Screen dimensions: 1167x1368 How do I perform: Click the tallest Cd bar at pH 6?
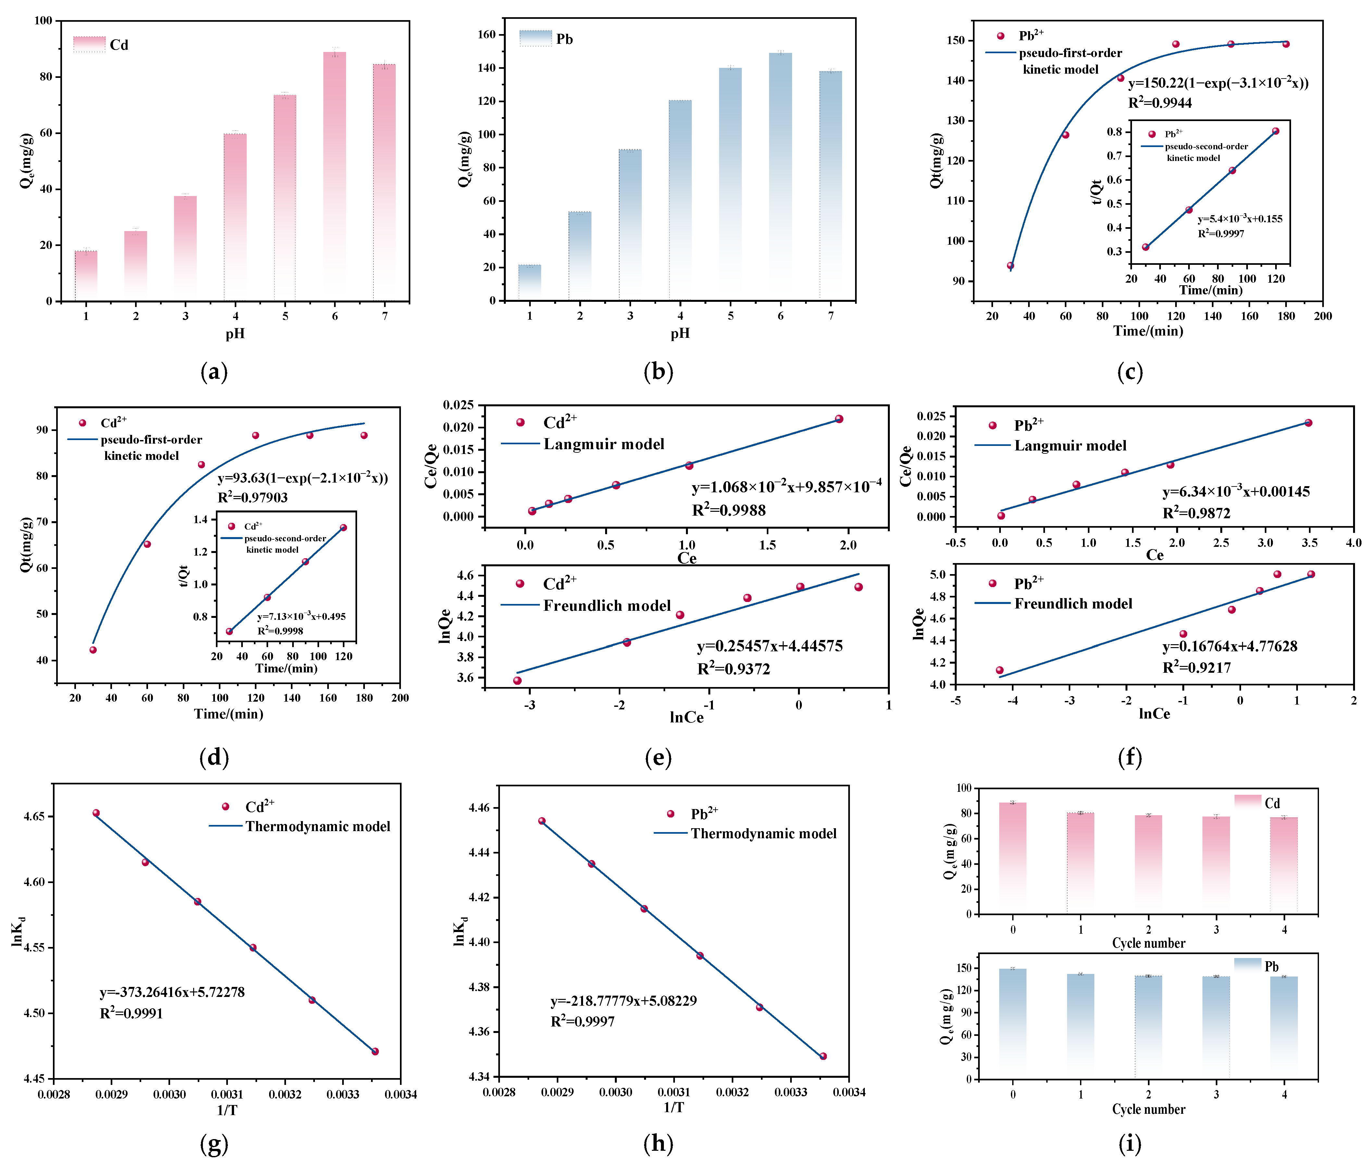click(x=335, y=175)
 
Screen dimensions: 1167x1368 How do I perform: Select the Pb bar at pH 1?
click(x=529, y=283)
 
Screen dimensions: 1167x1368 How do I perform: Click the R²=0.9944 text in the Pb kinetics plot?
click(x=1160, y=102)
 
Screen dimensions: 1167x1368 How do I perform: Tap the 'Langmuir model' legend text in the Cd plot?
click(x=603, y=444)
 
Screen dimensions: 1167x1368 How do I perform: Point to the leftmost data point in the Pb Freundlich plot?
click(x=1000, y=670)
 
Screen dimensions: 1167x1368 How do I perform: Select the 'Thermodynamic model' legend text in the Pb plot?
click(x=763, y=834)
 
